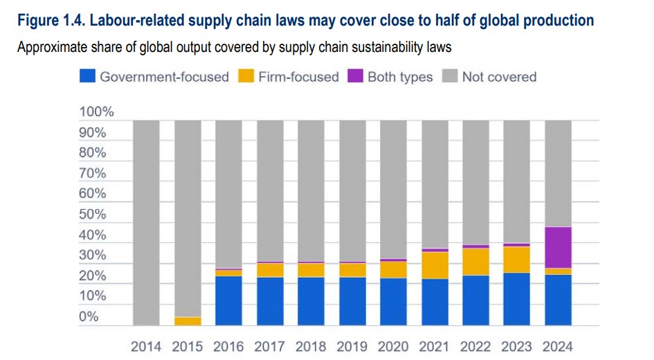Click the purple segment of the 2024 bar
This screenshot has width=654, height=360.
[x=558, y=247]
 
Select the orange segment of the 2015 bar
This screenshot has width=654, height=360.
[x=188, y=321]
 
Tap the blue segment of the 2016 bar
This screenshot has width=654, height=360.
[x=228, y=300]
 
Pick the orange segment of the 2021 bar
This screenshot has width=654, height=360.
[x=435, y=265]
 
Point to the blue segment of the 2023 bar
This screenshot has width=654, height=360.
[x=517, y=299]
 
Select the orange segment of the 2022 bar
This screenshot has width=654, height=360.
[x=476, y=262]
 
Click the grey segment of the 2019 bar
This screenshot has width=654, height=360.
[x=352, y=191]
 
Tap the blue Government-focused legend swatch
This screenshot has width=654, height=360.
[x=87, y=77]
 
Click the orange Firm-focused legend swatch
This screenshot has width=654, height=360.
[x=246, y=77]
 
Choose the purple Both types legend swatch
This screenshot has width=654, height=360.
[x=355, y=77]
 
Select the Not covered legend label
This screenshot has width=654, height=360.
[x=499, y=77]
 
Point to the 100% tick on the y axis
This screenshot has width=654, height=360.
[x=97, y=112]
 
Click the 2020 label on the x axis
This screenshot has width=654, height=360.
[x=393, y=346]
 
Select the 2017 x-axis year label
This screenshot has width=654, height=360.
[x=270, y=346]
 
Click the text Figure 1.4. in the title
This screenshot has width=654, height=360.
[x=51, y=21]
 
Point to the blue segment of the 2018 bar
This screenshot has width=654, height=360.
[x=311, y=301]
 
